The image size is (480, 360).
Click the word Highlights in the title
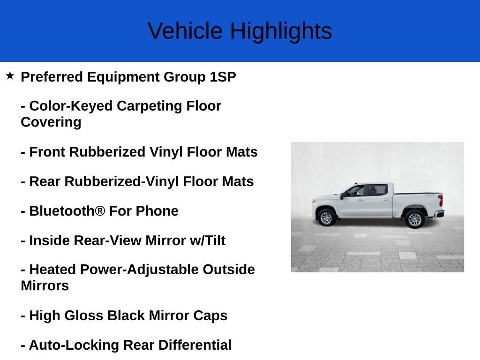281,31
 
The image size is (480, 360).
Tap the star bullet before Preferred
10,75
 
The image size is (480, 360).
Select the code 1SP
223,77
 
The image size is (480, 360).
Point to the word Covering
51,122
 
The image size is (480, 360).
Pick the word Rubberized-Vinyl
119,181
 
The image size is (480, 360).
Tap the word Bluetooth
62,211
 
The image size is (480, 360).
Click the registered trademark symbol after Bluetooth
100,211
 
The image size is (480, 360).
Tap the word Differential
195,345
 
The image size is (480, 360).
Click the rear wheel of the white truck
414,219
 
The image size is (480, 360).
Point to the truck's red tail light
441,200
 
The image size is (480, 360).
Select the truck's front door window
356,190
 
